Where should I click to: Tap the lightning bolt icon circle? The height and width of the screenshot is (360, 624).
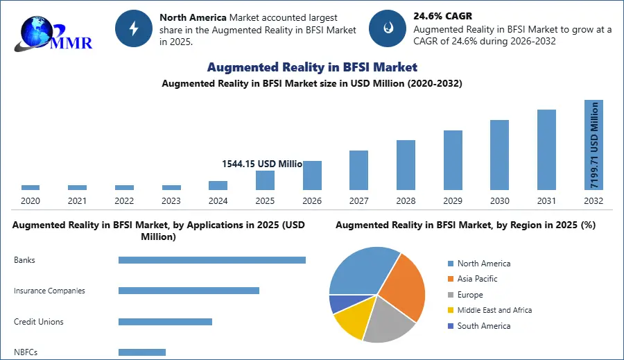(x=133, y=28)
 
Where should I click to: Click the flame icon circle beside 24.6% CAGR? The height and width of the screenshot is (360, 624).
(x=387, y=28)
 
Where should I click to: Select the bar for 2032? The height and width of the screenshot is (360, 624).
(x=593, y=145)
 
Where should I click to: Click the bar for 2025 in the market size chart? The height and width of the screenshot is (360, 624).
(x=265, y=180)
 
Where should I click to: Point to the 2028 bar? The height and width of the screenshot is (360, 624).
(x=406, y=164)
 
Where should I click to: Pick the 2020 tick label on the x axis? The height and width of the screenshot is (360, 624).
(x=31, y=200)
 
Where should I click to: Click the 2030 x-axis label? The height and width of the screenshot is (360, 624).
(x=499, y=200)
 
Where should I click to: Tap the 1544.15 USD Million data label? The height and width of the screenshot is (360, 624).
(x=261, y=164)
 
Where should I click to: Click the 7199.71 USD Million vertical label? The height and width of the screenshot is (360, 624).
(x=594, y=145)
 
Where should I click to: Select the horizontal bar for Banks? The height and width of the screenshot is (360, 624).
(x=211, y=260)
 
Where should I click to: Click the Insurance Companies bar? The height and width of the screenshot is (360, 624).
(x=189, y=291)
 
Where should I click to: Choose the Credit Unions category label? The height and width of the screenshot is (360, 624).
(x=39, y=322)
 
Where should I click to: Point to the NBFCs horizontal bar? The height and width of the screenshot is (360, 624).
(x=142, y=352)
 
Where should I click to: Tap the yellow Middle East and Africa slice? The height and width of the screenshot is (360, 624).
(x=349, y=323)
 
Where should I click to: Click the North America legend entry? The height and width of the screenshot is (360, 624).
(x=483, y=264)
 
